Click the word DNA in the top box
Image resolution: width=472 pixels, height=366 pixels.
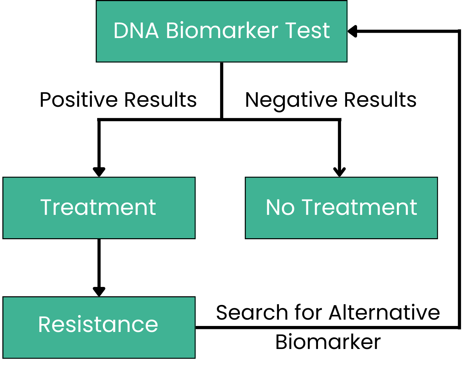(136, 31)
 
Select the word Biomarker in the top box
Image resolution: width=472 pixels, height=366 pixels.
(222, 30)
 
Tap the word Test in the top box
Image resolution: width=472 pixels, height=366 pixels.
(307, 31)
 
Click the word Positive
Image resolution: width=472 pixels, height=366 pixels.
(78, 99)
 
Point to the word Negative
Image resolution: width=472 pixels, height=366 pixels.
(291, 101)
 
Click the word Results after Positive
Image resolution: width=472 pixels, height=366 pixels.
(161, 99)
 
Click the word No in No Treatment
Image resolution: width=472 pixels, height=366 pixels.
(280, 208)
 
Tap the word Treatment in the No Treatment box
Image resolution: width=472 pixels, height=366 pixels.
(359, 208)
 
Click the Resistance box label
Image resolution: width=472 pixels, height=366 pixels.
(98, 325)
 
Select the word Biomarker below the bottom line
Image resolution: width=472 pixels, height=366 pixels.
(328, 342)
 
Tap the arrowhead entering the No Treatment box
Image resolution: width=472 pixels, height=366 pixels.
(339, 172)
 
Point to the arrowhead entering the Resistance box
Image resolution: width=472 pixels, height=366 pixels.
(99, 292)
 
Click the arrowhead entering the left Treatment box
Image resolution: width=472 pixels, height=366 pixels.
(99, 172)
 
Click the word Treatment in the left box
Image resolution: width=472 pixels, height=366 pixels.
(98, 208)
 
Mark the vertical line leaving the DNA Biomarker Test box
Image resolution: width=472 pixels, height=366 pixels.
(221, 91)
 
